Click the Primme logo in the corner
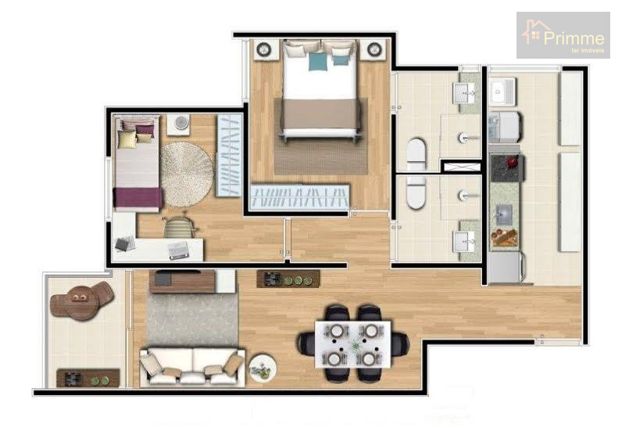(x=563, y=35)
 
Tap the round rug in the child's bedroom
(x=187, y=174)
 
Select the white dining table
(x=352, y=343)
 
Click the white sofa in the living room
(x=192, y=367)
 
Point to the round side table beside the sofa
(x=263, y=369)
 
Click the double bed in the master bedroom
(x=320, y=89)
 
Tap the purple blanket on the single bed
(x=138, y=198)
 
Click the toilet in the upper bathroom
(x=416, y=154)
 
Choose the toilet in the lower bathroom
(x=416, y=192)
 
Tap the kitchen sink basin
(x=504, y=215)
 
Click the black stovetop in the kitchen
(x=506, y=168)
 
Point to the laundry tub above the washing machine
(x=502, y=92)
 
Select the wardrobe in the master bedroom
(x=299, y=197)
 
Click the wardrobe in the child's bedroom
(x=229, y=155)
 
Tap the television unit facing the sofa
(x=192, y=281)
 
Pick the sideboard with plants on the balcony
(x=88, y=378)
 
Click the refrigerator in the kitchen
(x=504, y=268)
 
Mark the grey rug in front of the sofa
(x=192, y=320)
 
